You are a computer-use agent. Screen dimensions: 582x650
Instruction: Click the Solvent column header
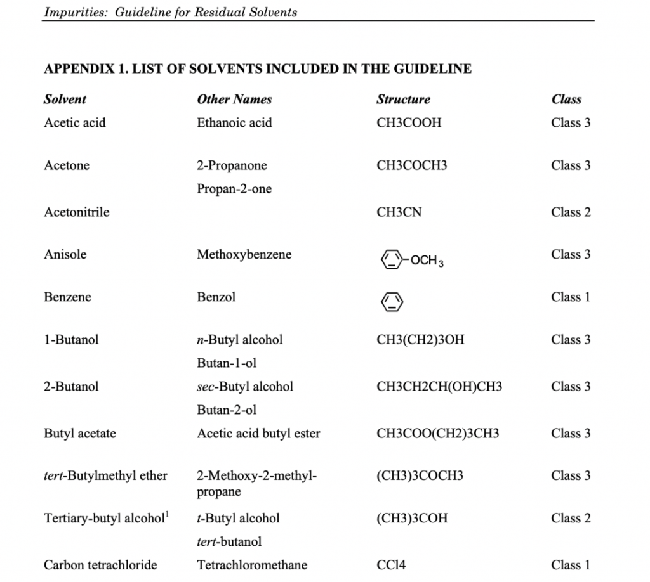pyautogui.click(x=65, y=100)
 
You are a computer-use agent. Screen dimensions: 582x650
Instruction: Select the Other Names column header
pyautogui.click(x=234, y=100)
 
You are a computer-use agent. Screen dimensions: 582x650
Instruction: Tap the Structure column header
pyautogui.click(x=403, y=100)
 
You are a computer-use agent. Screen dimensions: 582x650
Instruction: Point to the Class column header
pyautogui.click(x=566, y=100)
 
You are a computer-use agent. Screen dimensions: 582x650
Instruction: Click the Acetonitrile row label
pyautogui.click(x=76, y=212)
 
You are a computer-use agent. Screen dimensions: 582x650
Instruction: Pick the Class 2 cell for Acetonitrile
pyautogui.click(x=571, y=212)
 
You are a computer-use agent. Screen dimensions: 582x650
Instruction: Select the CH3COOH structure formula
pyautogui.click(x=408, y=123)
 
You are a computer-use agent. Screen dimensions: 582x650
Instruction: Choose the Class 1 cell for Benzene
pyautogui.click(x=571, y=297)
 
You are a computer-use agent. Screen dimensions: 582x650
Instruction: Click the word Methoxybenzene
pyautogui.click(x=244, y=255)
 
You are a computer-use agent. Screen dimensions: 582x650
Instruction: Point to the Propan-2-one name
pyautogui.click(x=234, y=189)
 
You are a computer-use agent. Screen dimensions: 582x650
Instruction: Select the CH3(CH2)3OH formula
pyautogui.click(x=420, y=340)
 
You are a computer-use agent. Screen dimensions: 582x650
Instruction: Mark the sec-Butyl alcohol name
pyautogui.click(x=245, y=387)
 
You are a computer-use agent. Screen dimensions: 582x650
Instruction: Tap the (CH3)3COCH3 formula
pyautogui.click(x=420, y=475)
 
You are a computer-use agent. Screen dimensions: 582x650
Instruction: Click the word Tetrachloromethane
pyautogui.click(x=252, y=565)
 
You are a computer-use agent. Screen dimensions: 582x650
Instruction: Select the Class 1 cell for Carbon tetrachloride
pyautogui.click(x=571, y=565)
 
